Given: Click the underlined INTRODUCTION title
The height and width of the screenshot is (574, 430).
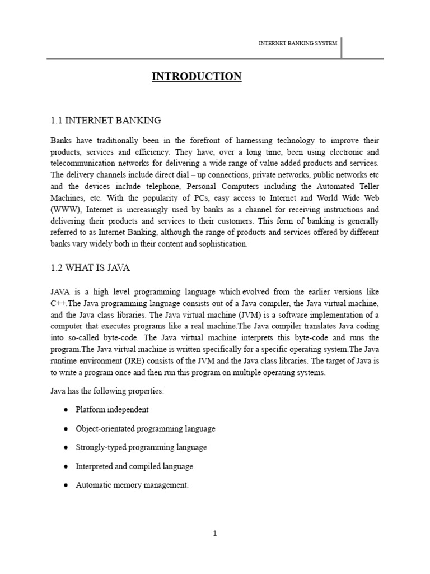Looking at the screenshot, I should click(x=197, y=77).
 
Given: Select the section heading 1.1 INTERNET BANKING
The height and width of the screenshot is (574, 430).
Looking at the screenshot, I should click(x=106, y=120).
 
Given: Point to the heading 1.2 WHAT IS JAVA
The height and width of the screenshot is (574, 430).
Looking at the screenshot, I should click(x=90, y=268).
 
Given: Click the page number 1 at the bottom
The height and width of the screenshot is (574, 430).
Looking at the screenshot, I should click(x=214, y=533).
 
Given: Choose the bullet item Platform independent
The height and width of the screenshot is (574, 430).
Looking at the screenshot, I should click(x=112, y=410).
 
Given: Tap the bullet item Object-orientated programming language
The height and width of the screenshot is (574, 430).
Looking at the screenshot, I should click(x=145, y=429).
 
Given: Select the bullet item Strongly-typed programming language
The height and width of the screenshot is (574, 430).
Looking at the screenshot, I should click(x=141, y=447).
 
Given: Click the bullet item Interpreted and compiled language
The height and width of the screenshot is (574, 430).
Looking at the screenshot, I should click(x=134, y=466).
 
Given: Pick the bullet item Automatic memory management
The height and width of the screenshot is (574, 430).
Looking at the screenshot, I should click(x=132, y=485).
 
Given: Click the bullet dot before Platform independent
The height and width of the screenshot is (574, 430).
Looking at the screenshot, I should click(x=66, y=410).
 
